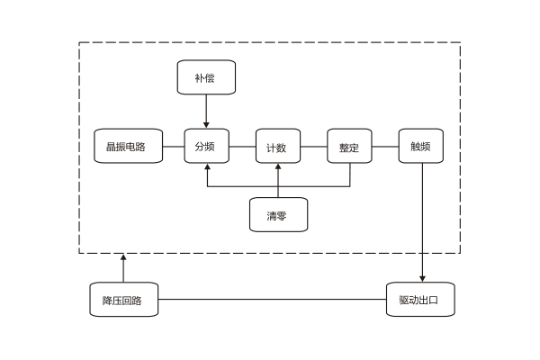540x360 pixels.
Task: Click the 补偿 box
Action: pos(206,77)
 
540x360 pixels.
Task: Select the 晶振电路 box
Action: pos(129,146)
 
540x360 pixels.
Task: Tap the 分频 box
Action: pos(206,146)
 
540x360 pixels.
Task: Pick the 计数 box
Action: pos(277,146)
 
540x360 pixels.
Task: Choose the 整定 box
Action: pos(349,146)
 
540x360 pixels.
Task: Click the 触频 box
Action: pos(421,146)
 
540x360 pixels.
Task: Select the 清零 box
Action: pos(277,214)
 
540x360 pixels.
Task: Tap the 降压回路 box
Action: pos(124,299)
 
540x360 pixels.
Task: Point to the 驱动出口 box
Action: pos(421,299)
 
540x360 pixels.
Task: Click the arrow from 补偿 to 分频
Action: pos(206,111)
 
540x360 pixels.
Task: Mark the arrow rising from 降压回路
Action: pos(124,268)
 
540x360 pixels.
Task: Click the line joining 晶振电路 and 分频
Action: pos(174,146)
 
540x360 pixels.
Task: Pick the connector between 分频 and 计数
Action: pos(242,146)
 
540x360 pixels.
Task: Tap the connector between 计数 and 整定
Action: pos(313,146)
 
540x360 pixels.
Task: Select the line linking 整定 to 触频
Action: pos(385,146)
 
